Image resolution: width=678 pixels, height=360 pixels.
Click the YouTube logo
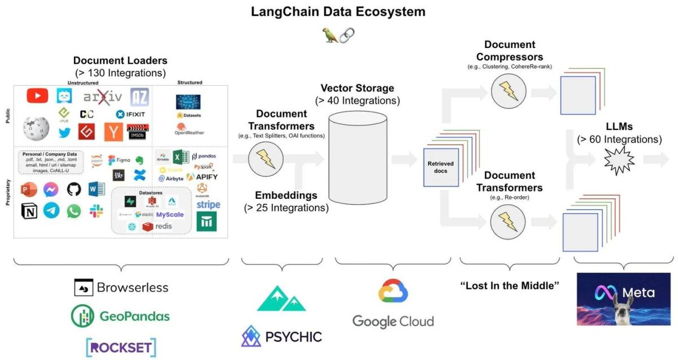click(37, 96)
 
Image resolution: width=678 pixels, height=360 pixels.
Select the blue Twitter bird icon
click(63, 133)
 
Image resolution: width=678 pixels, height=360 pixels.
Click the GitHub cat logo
click(74, 189)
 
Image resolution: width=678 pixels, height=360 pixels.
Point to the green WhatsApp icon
click(74, 211)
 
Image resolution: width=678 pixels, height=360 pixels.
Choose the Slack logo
click(97, 211)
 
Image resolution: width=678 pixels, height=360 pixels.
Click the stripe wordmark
click(208, 205)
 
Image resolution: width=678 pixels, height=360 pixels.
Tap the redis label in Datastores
click(159, 226)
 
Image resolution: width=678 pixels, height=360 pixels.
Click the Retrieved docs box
click(441, 167)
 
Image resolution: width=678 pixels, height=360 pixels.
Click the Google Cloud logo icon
click(393, 292)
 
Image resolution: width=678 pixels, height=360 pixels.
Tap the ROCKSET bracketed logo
click(120, 346)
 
